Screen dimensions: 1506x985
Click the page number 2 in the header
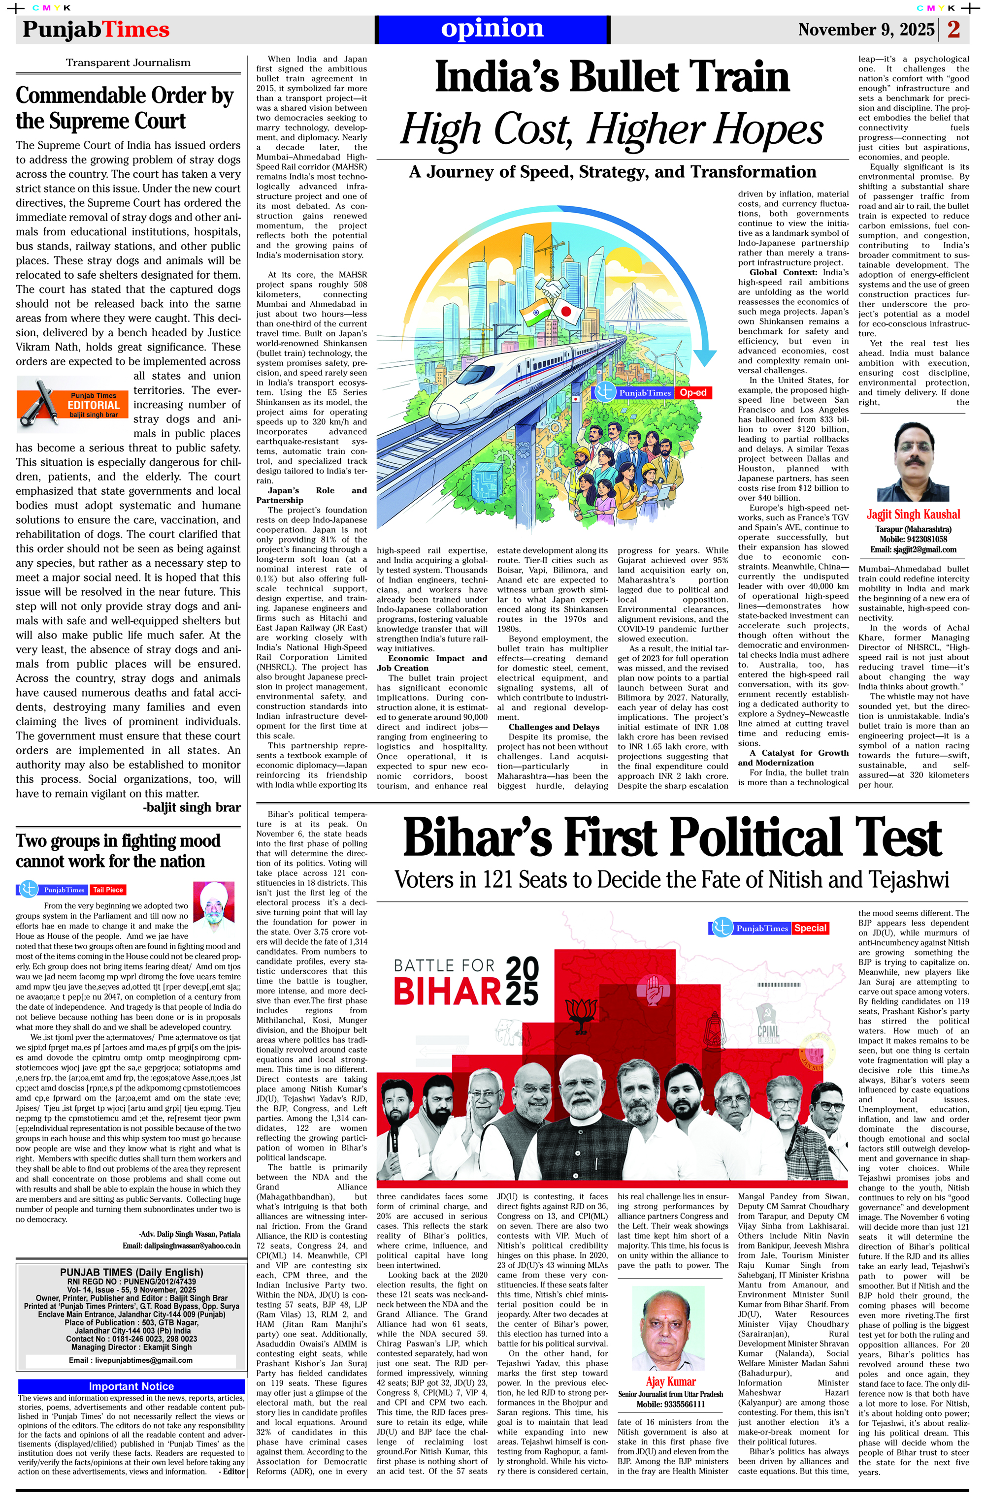click(953, 29)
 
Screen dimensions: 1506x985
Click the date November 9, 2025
click(865, 30)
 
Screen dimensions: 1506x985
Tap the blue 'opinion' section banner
click(492, 29)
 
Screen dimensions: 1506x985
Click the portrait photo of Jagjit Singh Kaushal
click(912, 463)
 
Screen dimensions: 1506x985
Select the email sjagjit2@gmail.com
click(912, 549)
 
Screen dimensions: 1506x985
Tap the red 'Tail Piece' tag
click(108, 890)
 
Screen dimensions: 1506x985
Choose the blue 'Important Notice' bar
click(131, 1386)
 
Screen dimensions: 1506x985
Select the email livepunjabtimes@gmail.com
click(131, 1360)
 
